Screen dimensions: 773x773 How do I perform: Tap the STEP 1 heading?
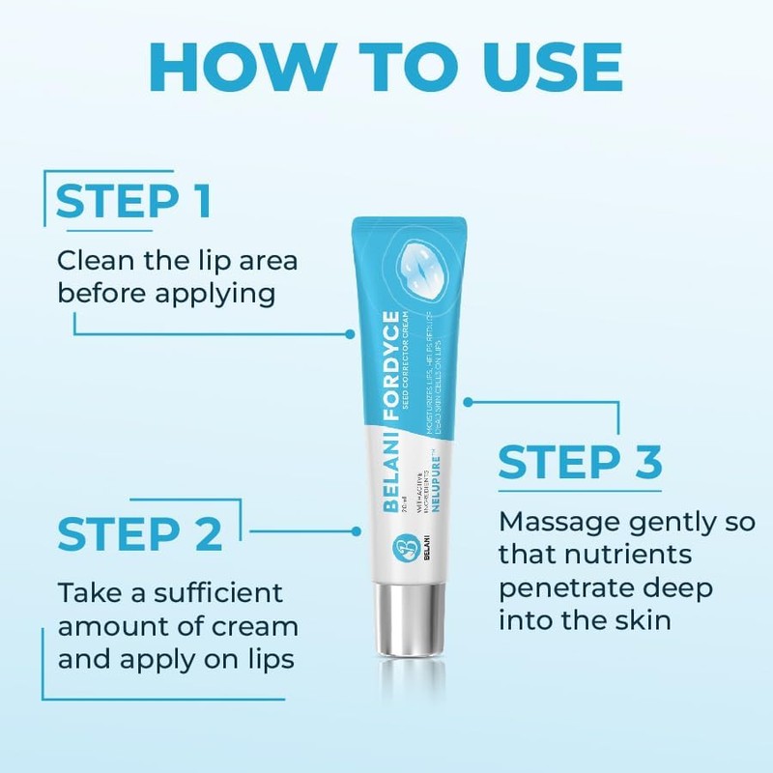133,202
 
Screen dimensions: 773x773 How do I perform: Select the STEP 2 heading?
140,533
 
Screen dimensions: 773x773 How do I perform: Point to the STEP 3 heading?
580,463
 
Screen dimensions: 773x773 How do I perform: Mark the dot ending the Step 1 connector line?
351,331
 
